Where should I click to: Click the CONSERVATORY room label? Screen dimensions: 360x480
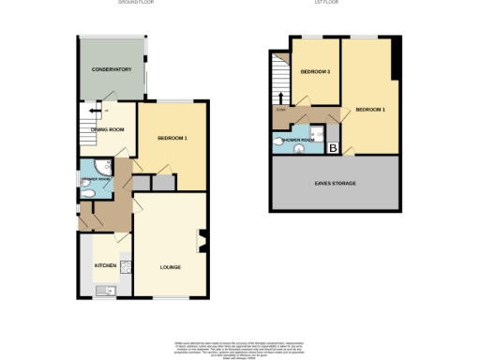click(112, 70)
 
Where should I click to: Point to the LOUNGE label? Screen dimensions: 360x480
click(170, 268)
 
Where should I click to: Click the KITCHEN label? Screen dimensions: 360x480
click(105, 267)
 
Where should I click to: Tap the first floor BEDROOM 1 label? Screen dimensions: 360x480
click(370, 110)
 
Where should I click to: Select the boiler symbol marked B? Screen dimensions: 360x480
click(333, 146)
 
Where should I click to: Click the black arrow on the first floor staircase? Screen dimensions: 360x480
click(280, 97)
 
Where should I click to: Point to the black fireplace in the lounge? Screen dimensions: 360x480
click(201, 242)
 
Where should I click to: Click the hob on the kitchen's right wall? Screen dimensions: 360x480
click(125, 266)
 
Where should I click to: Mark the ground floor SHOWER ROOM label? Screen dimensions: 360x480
click(97, 178)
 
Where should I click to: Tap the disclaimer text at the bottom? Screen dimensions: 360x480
click(240, 346)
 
